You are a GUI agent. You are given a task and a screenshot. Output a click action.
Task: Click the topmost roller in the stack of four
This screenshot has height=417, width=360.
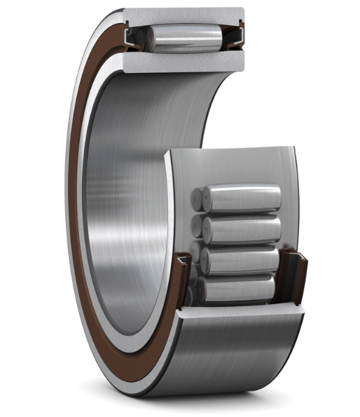[x=242, y=198]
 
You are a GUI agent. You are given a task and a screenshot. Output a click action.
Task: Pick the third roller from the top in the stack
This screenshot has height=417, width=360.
[x=242, y=259]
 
